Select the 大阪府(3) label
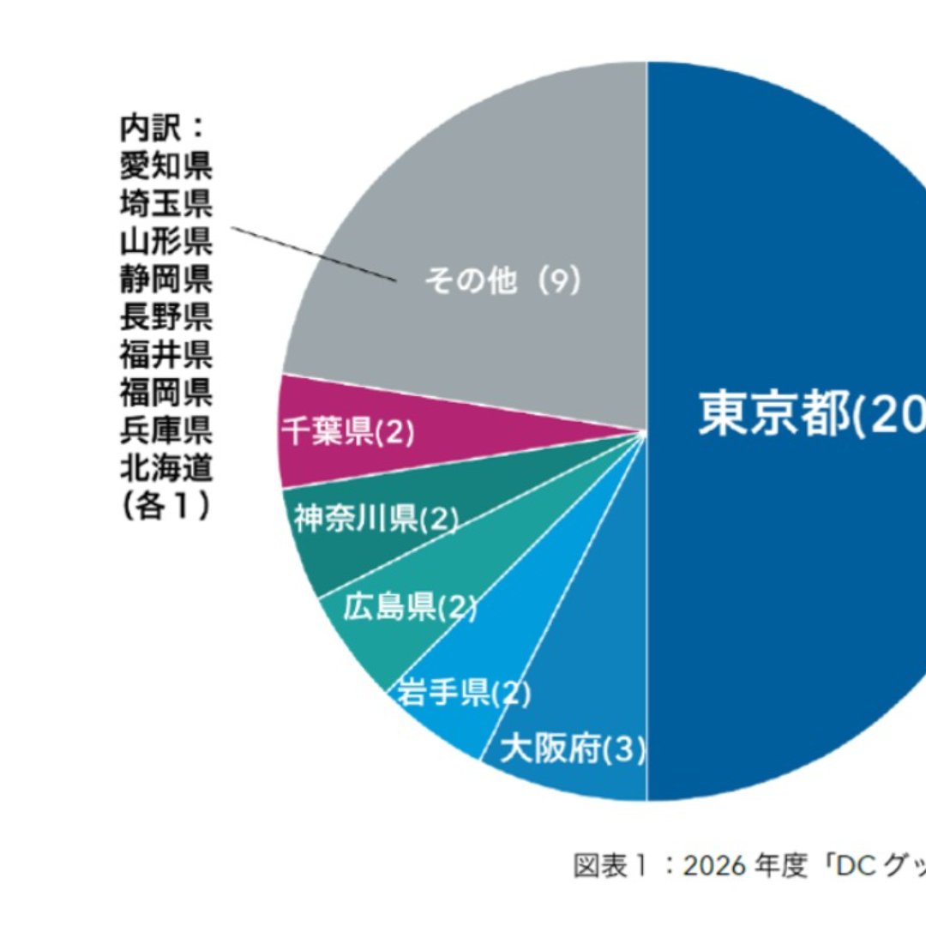(572, 750)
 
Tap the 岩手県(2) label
(463, 693)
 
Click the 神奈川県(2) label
(375, 519)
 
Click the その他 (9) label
(502, 282)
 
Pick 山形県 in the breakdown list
(165, 241)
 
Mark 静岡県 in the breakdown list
(165, 279)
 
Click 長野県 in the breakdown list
(165, 316)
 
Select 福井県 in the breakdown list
(165, 354)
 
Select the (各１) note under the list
(165, 507)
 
